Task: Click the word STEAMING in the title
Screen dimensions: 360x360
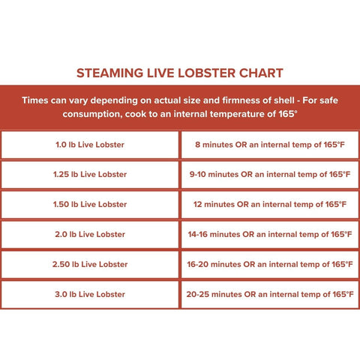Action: coord(109,73)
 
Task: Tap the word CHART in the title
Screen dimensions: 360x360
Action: coord(261,73)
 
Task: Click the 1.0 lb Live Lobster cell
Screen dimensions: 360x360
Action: coord(90,145)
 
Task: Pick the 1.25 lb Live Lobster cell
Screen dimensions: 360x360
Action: coord(90,175)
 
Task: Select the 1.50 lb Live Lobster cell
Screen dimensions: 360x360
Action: coord(90,205)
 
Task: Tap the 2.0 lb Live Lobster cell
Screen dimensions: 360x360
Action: coord(90,235)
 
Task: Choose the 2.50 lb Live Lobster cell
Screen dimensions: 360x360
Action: coord(90,265)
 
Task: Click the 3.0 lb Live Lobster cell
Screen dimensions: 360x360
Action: coord(90,295)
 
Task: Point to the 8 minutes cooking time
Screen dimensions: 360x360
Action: coord(214,145)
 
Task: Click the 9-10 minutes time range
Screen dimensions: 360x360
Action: coord(214,175)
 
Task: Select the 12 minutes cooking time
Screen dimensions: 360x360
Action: coord(214,205)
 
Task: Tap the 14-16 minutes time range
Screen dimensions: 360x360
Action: coord(214,235)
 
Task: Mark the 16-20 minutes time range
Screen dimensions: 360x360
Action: coord(214,265)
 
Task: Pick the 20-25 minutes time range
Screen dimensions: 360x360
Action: coord(214,295)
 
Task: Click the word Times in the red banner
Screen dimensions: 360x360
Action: coord(35,100)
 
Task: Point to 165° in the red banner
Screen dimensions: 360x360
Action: coord(288,114)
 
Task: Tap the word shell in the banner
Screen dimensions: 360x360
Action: coord(284,100)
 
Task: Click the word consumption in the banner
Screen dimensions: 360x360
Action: coord(92,115)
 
